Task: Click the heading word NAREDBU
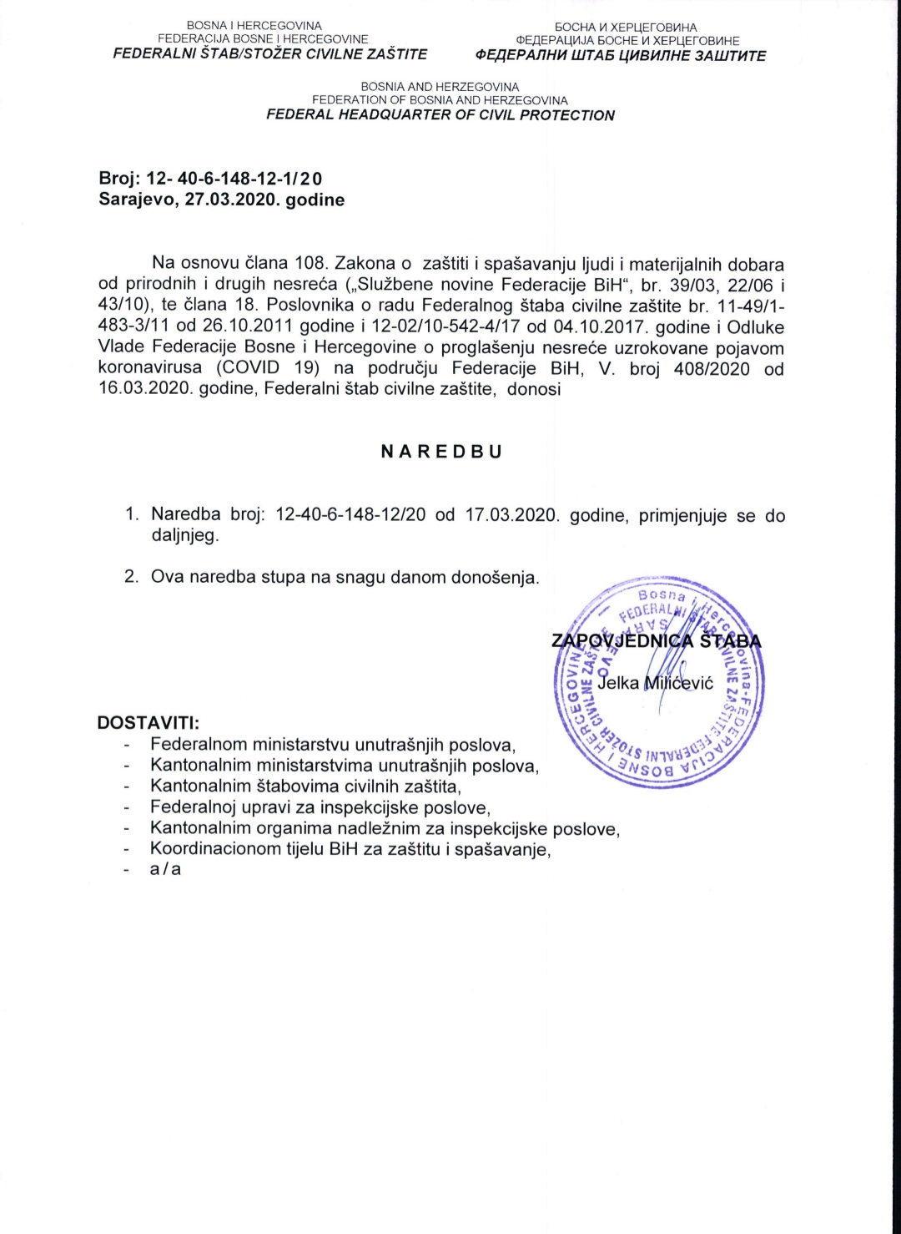[441, 452]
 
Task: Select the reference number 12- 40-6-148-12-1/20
[234, 179]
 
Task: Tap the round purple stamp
[659, 681]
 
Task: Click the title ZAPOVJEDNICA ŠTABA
[656, 641]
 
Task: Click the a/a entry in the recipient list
[165, 869]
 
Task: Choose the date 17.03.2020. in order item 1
[510, 515]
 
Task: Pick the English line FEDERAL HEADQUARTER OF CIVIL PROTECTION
[440, 115]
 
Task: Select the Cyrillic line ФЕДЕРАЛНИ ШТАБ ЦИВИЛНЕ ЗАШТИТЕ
[620, 56]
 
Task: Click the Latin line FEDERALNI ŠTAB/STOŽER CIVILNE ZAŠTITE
[270, 54]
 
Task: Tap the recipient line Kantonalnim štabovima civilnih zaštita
[305, 786]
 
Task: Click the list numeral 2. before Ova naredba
[132, 577]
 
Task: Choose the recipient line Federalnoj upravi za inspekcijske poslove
[320, 807]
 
